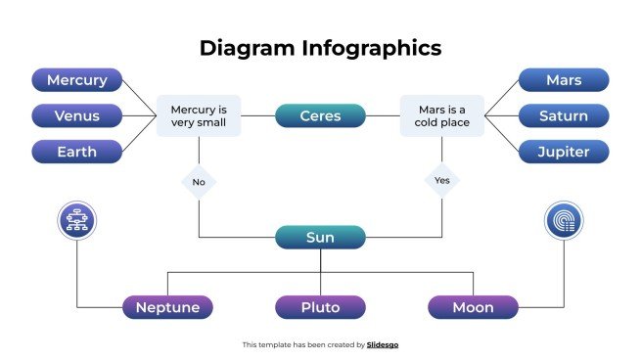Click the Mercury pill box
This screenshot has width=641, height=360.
(x=77, y=80)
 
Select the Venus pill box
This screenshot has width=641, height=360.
(x=77, y=116)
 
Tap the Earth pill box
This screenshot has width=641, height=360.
(x=77, y=152)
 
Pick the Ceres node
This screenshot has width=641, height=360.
(x=320, y=116)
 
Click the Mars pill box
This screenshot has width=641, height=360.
(x=564, y=80)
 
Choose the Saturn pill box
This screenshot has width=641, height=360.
(x=564, y=116)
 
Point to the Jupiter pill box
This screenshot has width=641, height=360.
(x=564, y=152)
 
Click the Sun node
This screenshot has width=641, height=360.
(x=320, y=237)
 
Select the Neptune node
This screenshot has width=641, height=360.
(x=167, y=307)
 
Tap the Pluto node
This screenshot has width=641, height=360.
(x=320, y=307)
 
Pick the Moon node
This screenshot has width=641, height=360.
(x=473, y=307)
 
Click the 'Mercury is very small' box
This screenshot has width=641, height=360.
(x=199, y=116)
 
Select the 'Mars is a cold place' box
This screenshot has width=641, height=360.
(x=441, y=116)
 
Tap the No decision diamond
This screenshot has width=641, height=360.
(x=199, y=181)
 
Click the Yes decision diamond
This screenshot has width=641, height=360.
(x=441, y=181)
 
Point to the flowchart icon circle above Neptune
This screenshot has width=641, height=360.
(x=77, y=221)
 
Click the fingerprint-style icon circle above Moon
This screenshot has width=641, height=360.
(x=564, y=221)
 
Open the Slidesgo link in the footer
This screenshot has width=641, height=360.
(x=383, y=344)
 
